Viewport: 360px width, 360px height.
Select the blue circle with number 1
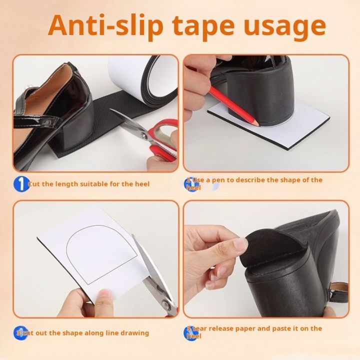point(20,183)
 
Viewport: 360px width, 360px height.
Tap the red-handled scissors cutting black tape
point(150,135)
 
